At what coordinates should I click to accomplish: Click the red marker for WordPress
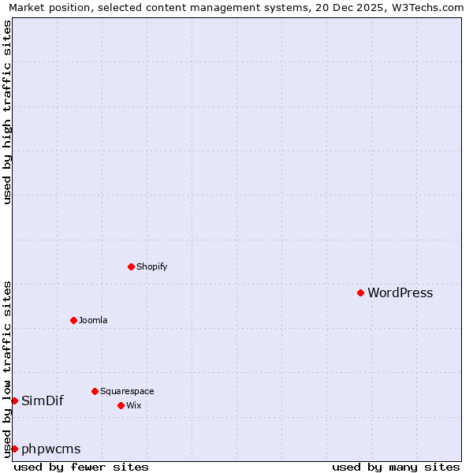[360, 292]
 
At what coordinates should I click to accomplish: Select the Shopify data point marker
[131, 266]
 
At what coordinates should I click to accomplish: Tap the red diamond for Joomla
[73, 320]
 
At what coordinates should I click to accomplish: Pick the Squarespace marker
[95, 391]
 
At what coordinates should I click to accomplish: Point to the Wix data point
[121, 405]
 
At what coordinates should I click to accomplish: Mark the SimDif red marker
[14, 400]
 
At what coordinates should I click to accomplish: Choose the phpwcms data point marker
[14, 449]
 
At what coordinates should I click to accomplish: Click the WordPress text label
[400, 293]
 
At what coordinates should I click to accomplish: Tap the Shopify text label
[151, 266]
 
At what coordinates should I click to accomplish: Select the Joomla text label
[93, 320]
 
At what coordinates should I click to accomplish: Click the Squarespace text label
[127, 391]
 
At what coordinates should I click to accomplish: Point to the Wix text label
[133, 405]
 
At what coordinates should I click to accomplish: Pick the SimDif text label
[43, 400]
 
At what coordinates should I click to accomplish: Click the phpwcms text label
[51, 449]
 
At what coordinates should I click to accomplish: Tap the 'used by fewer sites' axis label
[81, 467]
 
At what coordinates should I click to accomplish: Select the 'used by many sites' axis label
[396, 467]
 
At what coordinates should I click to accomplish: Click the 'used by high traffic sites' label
[7, 112]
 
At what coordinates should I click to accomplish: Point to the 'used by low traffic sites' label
[7, 368]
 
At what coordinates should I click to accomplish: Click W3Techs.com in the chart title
[430, 7]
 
